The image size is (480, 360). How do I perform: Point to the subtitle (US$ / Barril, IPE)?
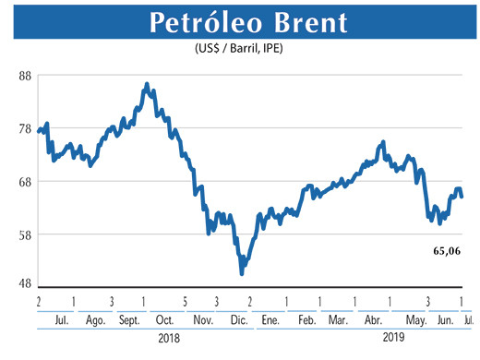(239, 48)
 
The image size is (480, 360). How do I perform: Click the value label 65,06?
(447, 250)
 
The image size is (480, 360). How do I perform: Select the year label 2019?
(394, 339)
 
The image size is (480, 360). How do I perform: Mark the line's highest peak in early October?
(148, 85)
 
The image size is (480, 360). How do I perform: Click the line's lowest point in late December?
(242, 273)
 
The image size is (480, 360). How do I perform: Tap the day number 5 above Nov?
(186, 302)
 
